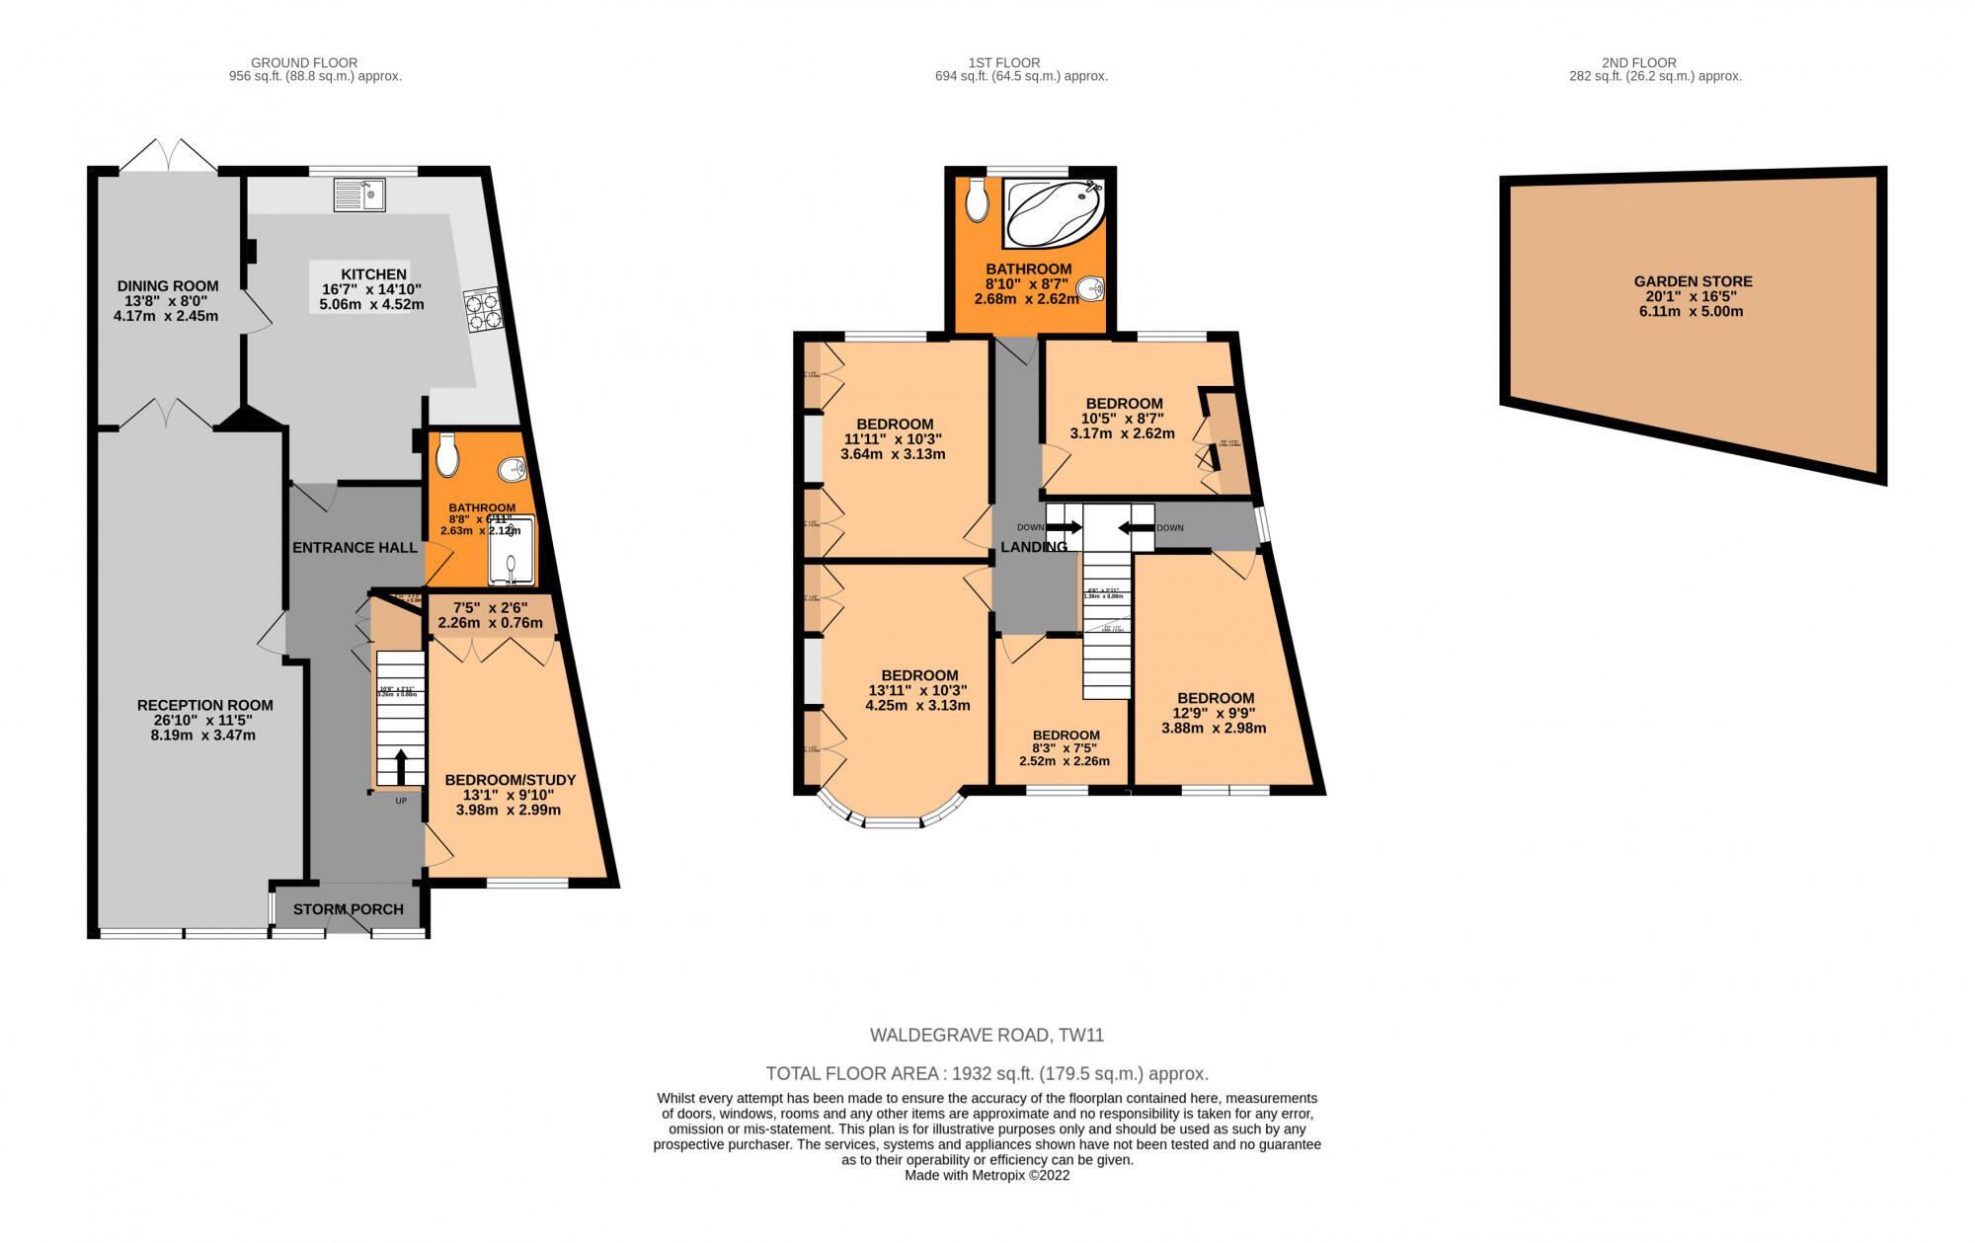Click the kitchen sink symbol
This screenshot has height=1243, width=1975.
coord(359,194)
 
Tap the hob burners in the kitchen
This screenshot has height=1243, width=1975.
coord(481,310)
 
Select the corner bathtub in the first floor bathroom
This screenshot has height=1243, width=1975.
coord(1054,212)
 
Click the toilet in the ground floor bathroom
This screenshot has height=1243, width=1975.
coord(446,457)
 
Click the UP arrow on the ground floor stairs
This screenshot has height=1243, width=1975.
coord(401,767)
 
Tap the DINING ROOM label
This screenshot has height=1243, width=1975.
coord(168,286)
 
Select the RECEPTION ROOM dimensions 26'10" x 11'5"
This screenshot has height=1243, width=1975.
coord(205,720)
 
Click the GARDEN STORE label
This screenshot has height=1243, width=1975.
coord(1693,281)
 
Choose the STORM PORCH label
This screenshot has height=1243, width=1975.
coord(349,909)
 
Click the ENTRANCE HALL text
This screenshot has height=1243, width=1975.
coord(355,547)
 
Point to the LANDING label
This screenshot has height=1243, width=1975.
coord(1033,547)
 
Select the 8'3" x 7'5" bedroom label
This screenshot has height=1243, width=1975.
coord(1065,747)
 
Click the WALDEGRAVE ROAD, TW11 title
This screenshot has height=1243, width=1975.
coord(987,1035)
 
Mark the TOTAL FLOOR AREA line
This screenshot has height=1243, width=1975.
coord(987,1073)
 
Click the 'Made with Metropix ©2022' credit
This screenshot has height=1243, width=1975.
coord(987,1175)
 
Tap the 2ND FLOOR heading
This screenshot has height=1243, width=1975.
coord(1653,62)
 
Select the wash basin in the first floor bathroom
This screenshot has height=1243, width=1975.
coord(1089,289)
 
